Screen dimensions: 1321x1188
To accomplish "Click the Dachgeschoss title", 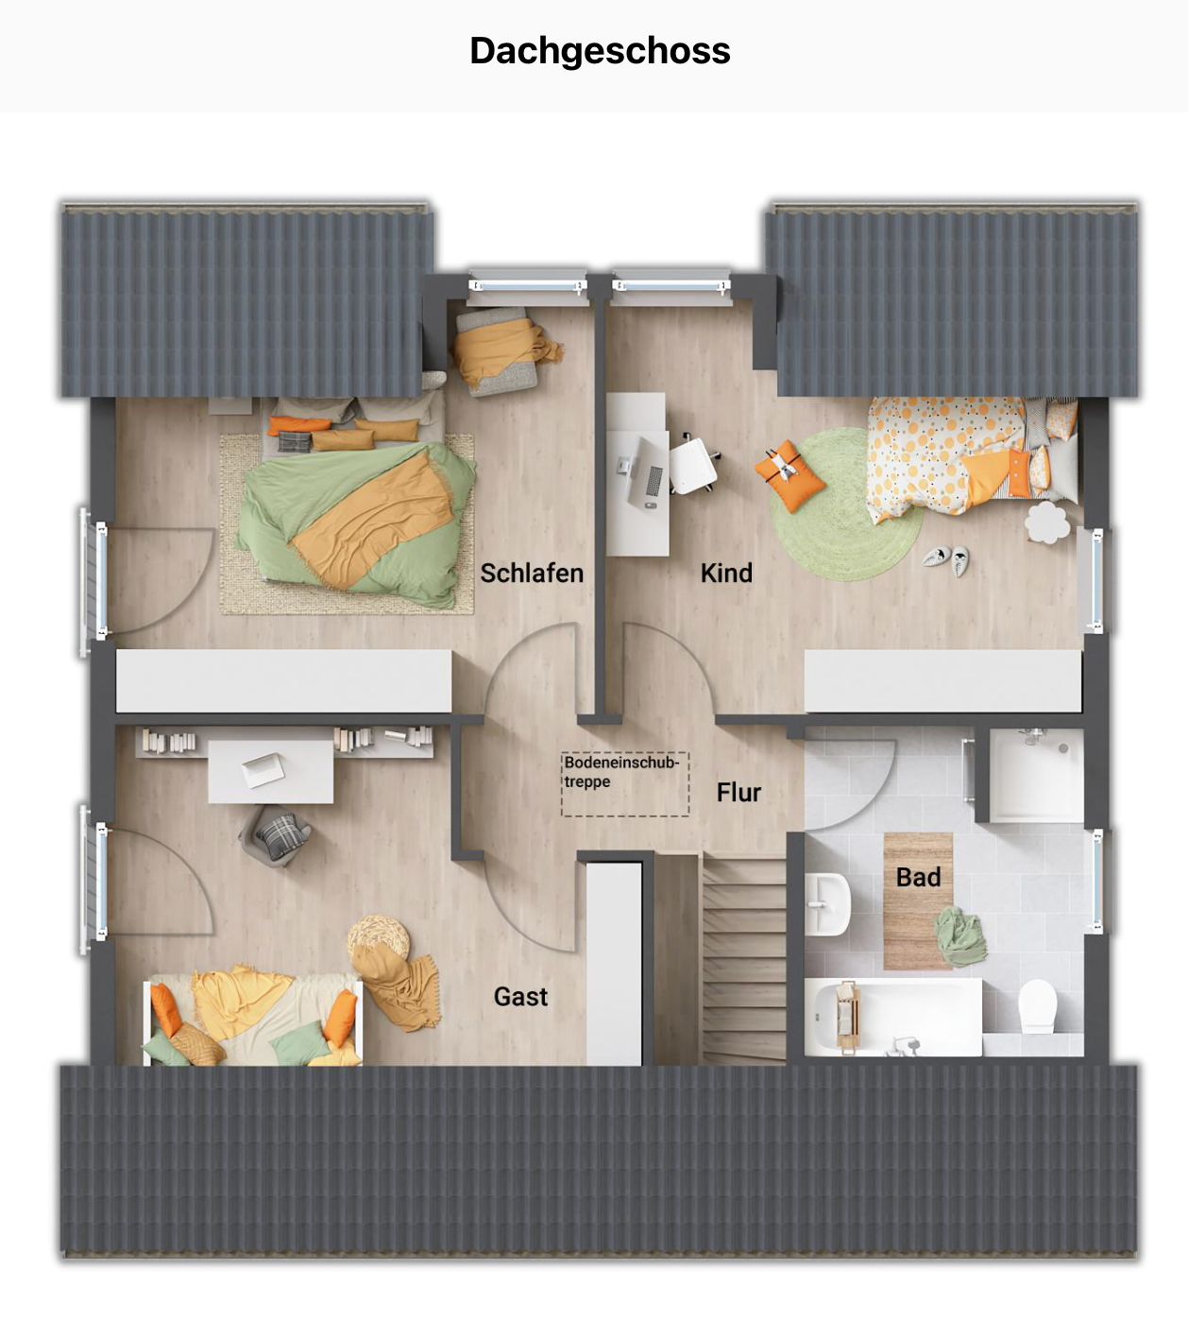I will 600,51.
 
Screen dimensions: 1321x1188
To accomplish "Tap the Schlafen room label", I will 532,573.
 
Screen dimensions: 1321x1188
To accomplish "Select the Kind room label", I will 726,573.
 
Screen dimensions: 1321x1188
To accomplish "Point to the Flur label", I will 738,792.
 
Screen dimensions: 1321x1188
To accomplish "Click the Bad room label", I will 918,877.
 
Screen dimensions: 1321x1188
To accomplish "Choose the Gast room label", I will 520,996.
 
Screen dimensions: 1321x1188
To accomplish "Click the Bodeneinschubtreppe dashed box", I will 625,784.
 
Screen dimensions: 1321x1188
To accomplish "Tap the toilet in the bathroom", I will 1038,1005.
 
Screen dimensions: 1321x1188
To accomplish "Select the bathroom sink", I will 827,903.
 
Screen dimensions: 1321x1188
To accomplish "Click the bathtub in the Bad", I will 892,1017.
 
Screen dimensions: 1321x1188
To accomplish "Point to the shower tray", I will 1036,775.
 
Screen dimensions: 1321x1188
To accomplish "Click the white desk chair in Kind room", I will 692,463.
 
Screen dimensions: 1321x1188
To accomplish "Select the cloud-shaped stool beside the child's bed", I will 1045,522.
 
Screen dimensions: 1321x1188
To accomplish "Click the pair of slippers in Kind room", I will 946,560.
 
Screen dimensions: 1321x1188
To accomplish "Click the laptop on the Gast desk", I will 263,769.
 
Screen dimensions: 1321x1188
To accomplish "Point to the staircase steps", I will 743,954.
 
